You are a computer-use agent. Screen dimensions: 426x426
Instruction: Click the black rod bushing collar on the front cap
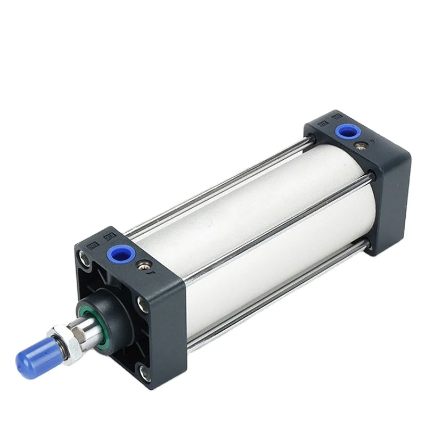(109, 306)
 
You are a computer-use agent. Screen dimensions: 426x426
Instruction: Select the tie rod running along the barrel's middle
(277, 224)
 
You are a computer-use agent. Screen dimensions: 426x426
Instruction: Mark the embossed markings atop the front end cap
(101, 237)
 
